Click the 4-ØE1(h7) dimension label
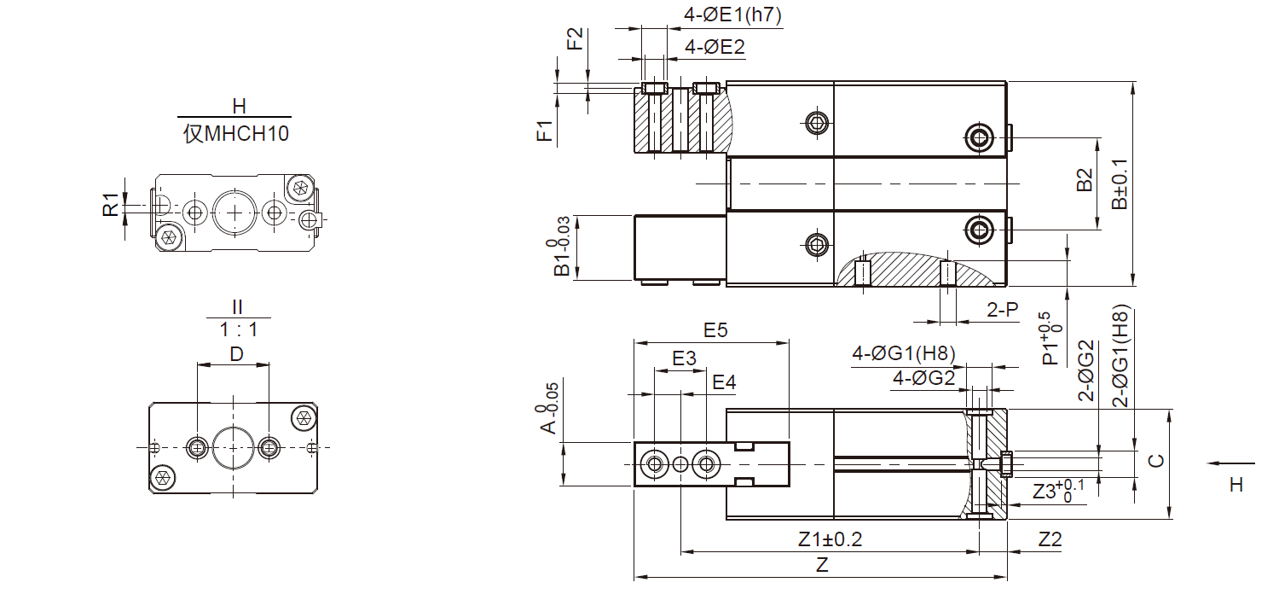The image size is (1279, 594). coord(732,15)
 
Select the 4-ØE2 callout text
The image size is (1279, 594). coord(715,47)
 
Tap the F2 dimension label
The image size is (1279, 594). coord(575,39)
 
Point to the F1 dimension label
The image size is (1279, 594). coord(546,131)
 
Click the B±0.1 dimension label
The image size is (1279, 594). coord(1120,184)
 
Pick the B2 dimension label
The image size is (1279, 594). coord(1084,180)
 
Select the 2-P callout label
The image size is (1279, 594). coord(1003,309)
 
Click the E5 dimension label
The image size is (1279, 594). coord(715,330)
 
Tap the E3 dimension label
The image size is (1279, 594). coord(684,358)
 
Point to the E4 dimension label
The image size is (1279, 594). coord(724,381)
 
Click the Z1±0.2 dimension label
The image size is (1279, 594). coord(830,539)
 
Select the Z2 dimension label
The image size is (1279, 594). coord(1050,539)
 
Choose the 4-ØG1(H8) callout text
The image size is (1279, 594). coord(904,353)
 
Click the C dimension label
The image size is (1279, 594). coord(1155,461)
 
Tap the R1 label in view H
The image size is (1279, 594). coord(110,205)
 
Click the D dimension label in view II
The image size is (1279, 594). coord(236,354)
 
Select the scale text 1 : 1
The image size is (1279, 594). coord(239,330)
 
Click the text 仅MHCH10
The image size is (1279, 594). coord(236,134)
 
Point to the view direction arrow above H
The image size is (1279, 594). coord(1230,463)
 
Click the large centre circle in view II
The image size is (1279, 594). coord(233,447)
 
